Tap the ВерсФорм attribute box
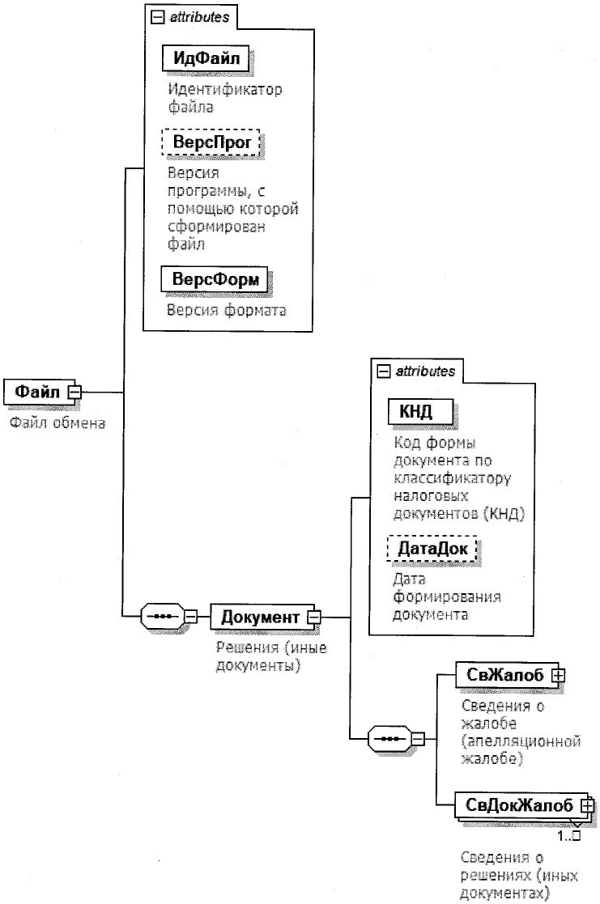214,279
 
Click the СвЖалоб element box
502,674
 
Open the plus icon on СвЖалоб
556,674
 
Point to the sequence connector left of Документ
162,618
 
